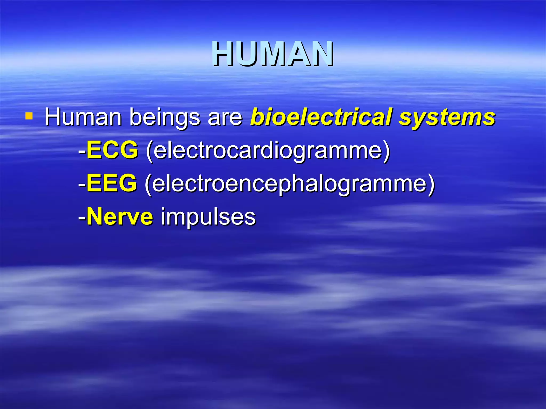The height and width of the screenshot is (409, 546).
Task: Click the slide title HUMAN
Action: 273,54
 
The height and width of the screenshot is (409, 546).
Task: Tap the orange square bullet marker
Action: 29,116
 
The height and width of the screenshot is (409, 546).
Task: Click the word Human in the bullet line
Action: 83,117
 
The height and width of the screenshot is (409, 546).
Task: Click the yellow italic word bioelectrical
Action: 321,117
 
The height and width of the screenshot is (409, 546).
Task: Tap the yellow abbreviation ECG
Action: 113,150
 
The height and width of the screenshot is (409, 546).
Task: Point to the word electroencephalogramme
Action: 289,184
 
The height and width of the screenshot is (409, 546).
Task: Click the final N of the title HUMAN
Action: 322,54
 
